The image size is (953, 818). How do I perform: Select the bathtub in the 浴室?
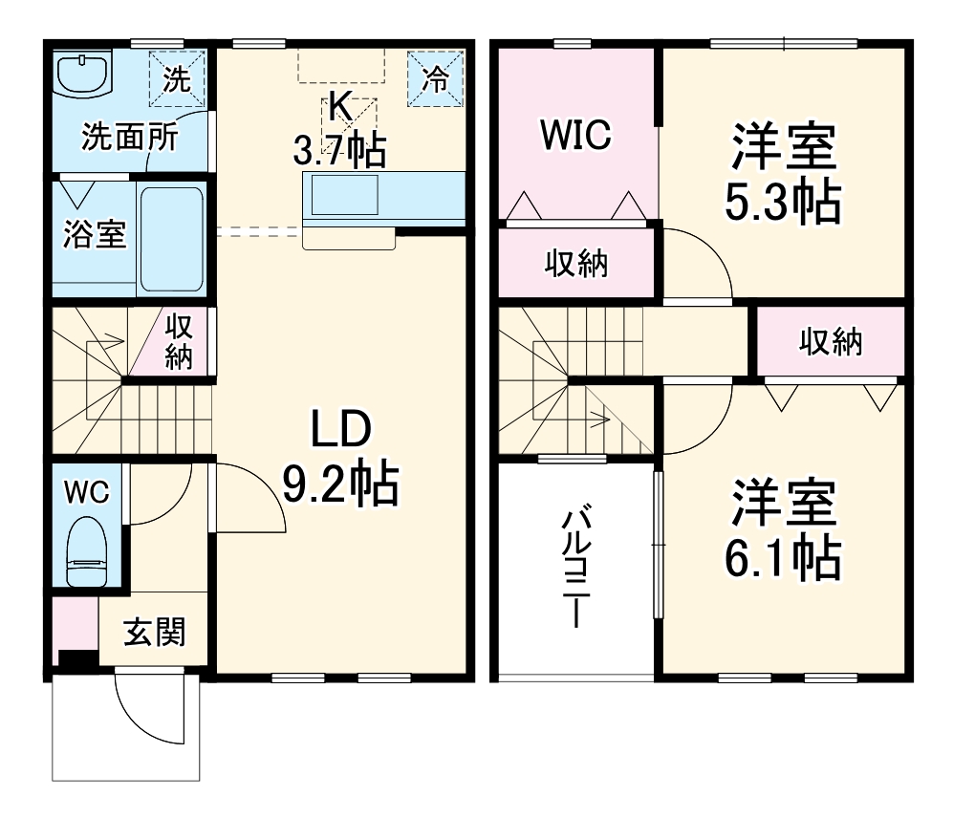(x=172, y=239)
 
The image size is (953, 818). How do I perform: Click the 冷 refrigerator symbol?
(x=435, y=79)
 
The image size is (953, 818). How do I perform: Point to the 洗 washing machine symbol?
(x=178, y=78)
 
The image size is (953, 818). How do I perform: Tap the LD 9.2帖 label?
(x=340, y=459)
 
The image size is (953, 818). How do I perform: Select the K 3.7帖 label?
(x=339, y=129)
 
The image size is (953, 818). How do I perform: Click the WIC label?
(x=575, y=136)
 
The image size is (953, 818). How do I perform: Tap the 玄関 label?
(x=154, y=632)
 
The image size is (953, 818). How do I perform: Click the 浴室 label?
(x=95, y=234)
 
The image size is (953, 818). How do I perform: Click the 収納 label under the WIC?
(x=576, y=264)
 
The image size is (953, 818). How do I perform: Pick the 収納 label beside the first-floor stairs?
(x=179, y=342)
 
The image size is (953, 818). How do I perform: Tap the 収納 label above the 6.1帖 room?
(x=831, y=341)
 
